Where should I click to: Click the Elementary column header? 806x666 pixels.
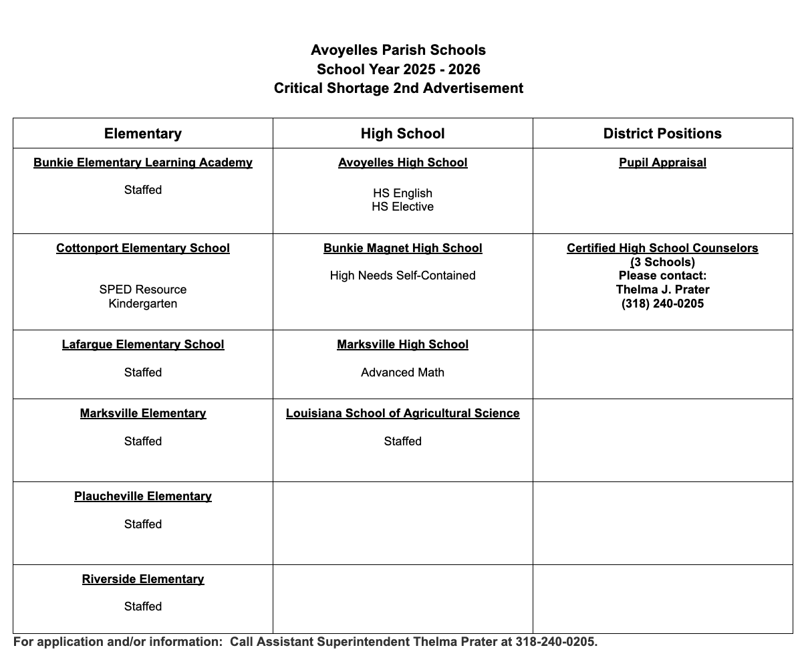tap(143, 134)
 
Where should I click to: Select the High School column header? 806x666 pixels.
tap(402, 134)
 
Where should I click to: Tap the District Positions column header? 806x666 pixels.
tap(662, 134)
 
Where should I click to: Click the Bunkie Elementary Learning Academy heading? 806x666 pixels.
tap(143, 162)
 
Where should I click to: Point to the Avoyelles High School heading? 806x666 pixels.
tap(402, 162)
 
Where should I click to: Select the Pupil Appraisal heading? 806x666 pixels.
tap(662, 162)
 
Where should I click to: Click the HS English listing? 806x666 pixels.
tap(402, 193)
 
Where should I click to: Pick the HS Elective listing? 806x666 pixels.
tap(402, 207)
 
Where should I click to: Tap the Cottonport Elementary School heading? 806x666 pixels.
tap(143, 248)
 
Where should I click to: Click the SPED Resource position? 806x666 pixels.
tap(143, 290)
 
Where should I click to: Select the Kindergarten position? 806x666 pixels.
tap(143, 304)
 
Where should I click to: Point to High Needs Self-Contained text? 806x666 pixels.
tap(402, 275)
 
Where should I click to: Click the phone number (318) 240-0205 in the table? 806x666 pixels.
tap(662, 304)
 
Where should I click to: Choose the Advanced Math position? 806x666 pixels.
tap(402, 372)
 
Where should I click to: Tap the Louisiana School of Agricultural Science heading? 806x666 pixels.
tap(402, 413)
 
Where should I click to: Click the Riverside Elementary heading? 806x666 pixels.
tap(143, 579)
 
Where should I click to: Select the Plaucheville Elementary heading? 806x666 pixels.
tap(143, 496)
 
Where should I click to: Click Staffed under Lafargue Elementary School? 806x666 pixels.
tap(143, 372)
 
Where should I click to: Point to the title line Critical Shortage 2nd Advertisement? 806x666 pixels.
tap(398, 88)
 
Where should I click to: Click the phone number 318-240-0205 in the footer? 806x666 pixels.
tap(556, 642)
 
